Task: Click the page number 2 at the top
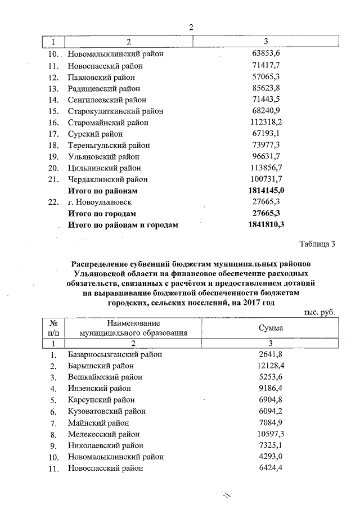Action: pyautogui.click(x=191, y=27)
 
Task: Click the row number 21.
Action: pyautogui.click(x=54, y=179)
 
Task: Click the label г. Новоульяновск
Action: pyautogui.click(x=100, y=202)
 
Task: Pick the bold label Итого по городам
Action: pyautogui.click(x=102, y=214)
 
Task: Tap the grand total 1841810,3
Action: pyautogui.click(x=267, y=225)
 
